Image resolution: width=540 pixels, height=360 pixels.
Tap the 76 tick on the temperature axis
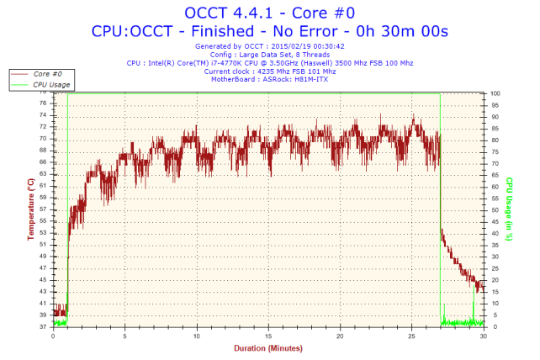coord(42,103)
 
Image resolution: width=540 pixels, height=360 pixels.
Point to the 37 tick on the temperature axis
coord(42,327)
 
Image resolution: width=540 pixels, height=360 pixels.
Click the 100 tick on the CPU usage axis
coord(496,93)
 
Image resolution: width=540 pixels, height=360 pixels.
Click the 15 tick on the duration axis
coord(268,336)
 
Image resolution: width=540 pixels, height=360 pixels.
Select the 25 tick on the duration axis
coord(411,336)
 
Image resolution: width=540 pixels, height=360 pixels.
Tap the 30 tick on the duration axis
coord(483,336)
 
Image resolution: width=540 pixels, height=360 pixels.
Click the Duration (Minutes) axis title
coord(267,347)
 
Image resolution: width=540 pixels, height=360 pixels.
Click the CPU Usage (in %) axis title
coord(509,209)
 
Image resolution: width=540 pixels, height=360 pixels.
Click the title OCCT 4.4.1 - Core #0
coord(269,12)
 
